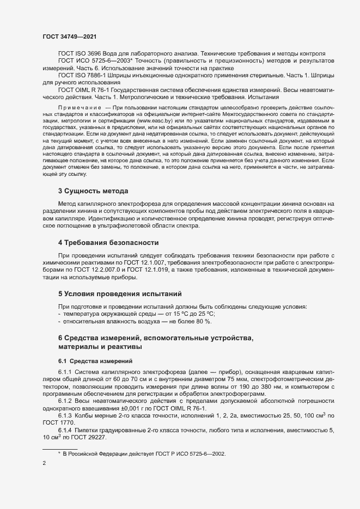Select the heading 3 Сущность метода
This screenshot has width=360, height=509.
click(93, 191)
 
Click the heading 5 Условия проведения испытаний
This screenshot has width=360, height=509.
click(120, 293)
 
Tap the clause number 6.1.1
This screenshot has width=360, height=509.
click(66, 372)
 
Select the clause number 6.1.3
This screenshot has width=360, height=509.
click(66, 416)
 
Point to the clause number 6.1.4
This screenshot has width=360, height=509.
click(66, 431)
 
